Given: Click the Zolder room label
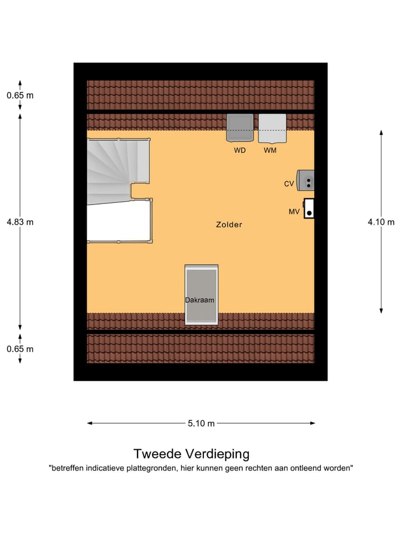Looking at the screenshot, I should [229, 225].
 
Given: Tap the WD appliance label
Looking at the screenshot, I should [239, 150].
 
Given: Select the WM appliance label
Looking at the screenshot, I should [270, 150].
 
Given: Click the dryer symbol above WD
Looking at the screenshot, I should [240, 128].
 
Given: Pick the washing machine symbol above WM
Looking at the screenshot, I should [272, 128].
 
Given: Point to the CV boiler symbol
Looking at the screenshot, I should [306, 180].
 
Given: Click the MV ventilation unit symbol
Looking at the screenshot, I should [309, 208].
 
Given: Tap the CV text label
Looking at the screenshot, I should [288, 183].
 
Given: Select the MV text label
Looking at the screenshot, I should [294, 212].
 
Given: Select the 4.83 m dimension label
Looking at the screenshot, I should [20, 222].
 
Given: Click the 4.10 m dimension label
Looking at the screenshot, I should [381, 222].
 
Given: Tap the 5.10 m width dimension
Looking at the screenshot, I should [201, 423].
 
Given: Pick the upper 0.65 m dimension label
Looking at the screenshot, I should [20, 95].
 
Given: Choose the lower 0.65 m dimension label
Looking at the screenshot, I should [20, 349].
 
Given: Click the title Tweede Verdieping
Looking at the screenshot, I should [191, 454].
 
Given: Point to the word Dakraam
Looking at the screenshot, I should [199, 300].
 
